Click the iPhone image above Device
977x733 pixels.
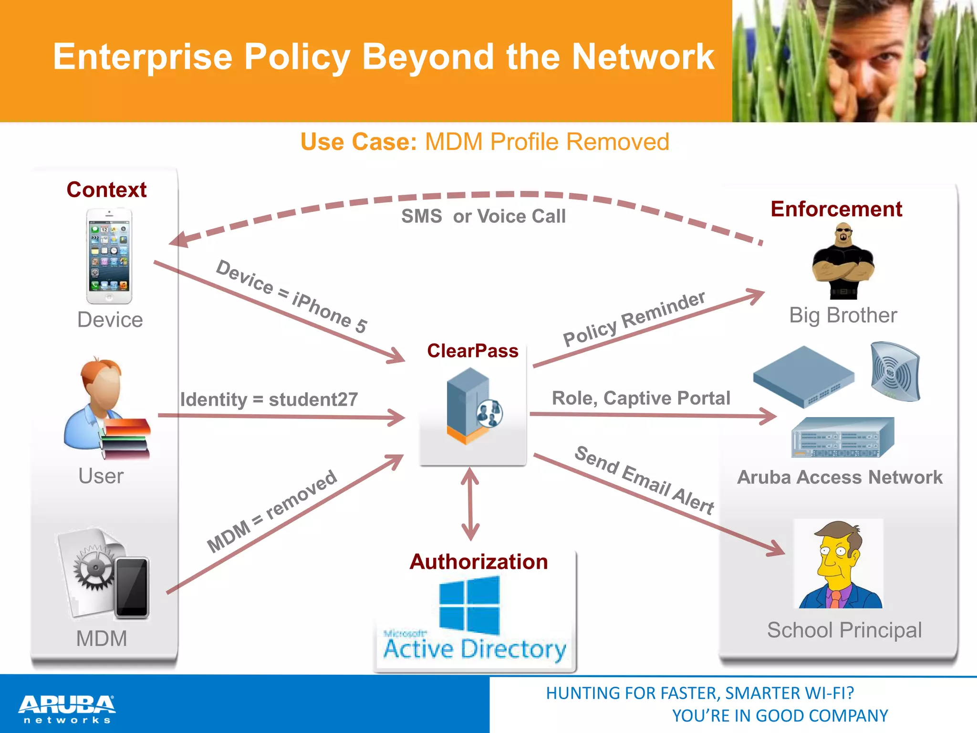pos(109,256)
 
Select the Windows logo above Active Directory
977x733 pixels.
pos(469,605)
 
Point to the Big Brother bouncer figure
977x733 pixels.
pos(843,262)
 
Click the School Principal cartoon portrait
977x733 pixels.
pos(839,564)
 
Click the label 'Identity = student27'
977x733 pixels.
pos(269,399)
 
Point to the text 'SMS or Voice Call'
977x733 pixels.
pos(483,216)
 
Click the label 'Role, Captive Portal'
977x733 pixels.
pos(641,398)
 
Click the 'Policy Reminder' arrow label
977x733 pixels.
pos(634,319)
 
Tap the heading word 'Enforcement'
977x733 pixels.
pos(836,209)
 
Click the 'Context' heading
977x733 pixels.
pos(106,189)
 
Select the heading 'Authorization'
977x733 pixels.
pos(478,562)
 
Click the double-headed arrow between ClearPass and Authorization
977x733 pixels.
pos(470,503)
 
